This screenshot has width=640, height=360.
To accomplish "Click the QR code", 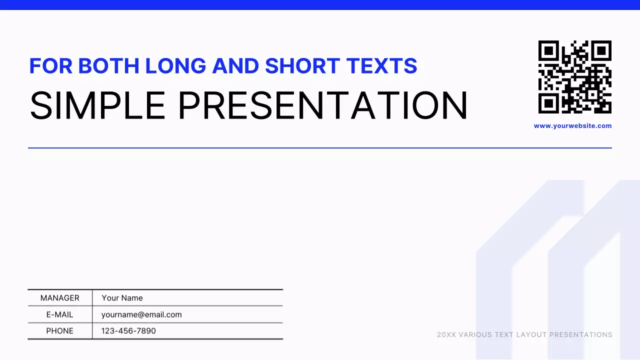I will coord(574,77).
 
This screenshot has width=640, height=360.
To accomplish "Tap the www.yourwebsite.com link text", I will coord(572,126).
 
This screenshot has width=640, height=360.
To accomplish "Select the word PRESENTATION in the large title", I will coord(323,105).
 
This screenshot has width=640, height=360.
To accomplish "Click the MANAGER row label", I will coord(60,298).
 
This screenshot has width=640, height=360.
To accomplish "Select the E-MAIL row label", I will coord(60,314).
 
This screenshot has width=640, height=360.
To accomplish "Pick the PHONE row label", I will coord(60,331).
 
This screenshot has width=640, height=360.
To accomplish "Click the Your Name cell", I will coord(122,298).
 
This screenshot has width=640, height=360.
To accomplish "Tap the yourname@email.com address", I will coord(141,314).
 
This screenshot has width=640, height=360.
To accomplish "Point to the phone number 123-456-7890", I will coord(128,331).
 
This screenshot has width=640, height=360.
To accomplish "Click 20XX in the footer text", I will coord(446,334).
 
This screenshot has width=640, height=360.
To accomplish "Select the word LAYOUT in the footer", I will coord(530,334).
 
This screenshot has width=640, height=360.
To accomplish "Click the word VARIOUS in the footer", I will coord(474,334).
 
